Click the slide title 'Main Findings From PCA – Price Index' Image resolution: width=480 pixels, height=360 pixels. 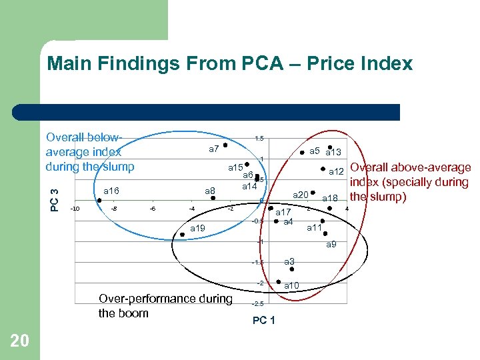pos(230,64)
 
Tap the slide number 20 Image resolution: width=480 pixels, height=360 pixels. pos(20,341)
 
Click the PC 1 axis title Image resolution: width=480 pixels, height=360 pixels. pos(264,321)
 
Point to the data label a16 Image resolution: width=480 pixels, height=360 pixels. pos(111,191)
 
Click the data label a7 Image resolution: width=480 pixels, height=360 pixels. pos(214,149)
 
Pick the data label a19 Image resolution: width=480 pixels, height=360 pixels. pos(198,229)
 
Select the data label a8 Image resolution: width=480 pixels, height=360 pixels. pos(210,192)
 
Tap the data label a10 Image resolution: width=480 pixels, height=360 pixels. pos(292,285)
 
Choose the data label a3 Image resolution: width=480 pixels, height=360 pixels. pos(289,262)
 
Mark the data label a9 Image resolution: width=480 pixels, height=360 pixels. pos(331,245)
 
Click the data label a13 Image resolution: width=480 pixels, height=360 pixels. pos(333,153)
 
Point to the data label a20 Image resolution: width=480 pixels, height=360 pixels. pos(301,195)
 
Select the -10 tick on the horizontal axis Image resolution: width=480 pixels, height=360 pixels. pos(75,209)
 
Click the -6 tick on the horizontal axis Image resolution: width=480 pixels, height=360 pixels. pos(153,209)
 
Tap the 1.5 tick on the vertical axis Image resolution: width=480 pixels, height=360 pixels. pos(259,139)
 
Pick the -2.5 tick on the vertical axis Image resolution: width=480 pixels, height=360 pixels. pos(258,304)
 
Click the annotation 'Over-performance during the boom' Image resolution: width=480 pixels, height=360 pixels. pos(165,306)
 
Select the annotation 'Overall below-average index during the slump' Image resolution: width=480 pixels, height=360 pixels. pos(90,152)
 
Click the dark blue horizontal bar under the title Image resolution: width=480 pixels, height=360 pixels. pos(219,112)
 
